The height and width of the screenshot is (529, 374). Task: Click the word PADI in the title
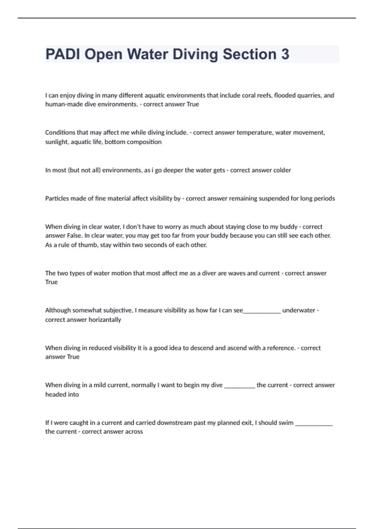coord(63,54)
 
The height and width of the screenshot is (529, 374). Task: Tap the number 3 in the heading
coord(285,54)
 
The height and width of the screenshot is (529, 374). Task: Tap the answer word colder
coord(282,170)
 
